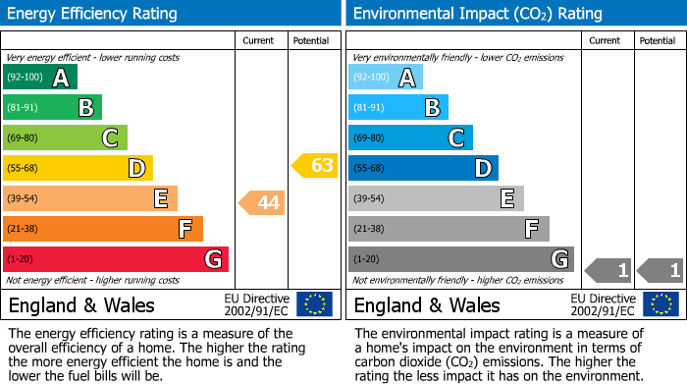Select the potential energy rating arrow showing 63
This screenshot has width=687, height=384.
pyautogui.click(x=314, y=165)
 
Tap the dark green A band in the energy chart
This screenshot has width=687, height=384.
pyautogui.click(x=40, y=78)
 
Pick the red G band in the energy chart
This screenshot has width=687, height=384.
pyautogui.click(x=116, y=259)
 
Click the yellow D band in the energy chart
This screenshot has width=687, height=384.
pyautogui.click(x=78, y=168)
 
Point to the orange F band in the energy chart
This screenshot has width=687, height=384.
pyautogui.click(x=103, y=229)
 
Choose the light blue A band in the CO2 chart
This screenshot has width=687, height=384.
pyautogui.click(x=386, y=78)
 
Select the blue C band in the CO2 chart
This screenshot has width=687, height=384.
pyautogui.click(x=410, y=138)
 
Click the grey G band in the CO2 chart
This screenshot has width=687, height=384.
pyautogui.click(x=461, y=259)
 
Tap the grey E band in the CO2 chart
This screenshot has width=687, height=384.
pyautogui.click(x=436, y=198)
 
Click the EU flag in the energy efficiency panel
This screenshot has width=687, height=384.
pyautogui.click(x=314, y=303)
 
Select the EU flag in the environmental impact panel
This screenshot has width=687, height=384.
pyautogui.click(x=662, y=303)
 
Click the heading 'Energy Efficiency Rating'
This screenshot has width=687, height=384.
pyautogui.click(x=93, y=14)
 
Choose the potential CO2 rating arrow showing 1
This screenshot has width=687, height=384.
pyautogui.click(x=660, y=269)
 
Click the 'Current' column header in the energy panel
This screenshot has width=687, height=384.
pyautogui.click(x=259, y=40)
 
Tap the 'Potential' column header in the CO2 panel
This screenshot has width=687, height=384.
pyautogui.click(x=657, y=40)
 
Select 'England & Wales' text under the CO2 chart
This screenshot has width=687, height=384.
pyautogui.click(x=427, y=304)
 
